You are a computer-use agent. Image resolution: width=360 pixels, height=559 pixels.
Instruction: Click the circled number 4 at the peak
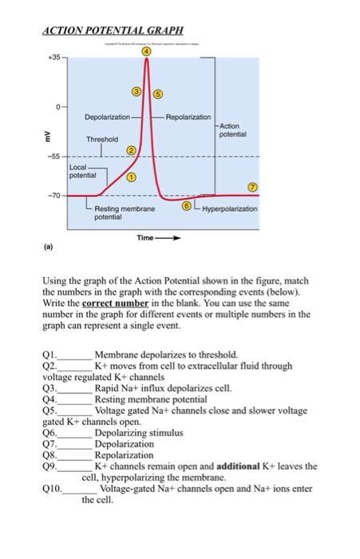[x=146, y=52]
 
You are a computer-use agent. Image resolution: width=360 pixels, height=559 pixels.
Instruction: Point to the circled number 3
[x=136, y=93]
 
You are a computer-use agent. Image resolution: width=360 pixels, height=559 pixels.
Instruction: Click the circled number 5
[x=157, y=93]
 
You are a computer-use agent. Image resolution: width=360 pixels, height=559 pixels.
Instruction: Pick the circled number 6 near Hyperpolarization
[x=187, y=206]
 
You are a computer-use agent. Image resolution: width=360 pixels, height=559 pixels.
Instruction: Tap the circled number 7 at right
[x=253, y=186]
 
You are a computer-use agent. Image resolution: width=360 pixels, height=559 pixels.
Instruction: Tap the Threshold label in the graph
[x=102, y=139]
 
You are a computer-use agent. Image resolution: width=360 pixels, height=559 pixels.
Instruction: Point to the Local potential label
[x=82, y=170]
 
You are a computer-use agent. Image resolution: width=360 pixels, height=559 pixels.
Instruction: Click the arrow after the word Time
[x=171, y=238]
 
